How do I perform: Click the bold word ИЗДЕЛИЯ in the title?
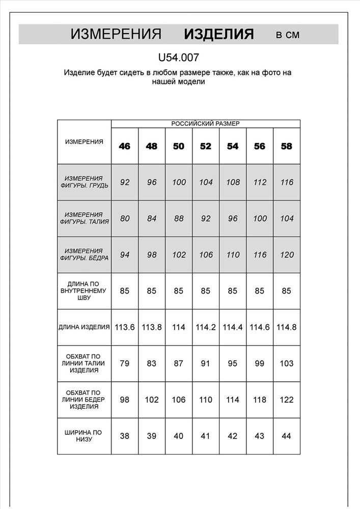pos(218,34)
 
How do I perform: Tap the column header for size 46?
pos(125,146)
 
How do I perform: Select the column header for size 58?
pos(287,146)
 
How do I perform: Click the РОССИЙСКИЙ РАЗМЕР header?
pos(205,124)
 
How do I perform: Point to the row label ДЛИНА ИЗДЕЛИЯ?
pos(84,327)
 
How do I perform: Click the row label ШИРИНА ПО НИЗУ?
pos(84,436)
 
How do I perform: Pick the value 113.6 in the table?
pos(125,327)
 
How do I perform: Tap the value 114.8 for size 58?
pos(287,327)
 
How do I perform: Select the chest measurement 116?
pos(287,182)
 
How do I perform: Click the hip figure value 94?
pos(125,255)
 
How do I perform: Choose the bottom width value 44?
pos(287,436)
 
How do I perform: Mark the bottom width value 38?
pos(125,436)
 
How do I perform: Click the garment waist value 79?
pos(125,363)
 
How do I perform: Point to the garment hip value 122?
pos(287,400)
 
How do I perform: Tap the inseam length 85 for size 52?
pos(206,292)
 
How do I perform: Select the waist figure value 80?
pos(125,219)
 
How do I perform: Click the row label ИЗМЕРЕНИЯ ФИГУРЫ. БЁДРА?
pos(84,254)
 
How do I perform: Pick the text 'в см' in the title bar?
pos(288,35)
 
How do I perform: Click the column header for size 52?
pos(206,146)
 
